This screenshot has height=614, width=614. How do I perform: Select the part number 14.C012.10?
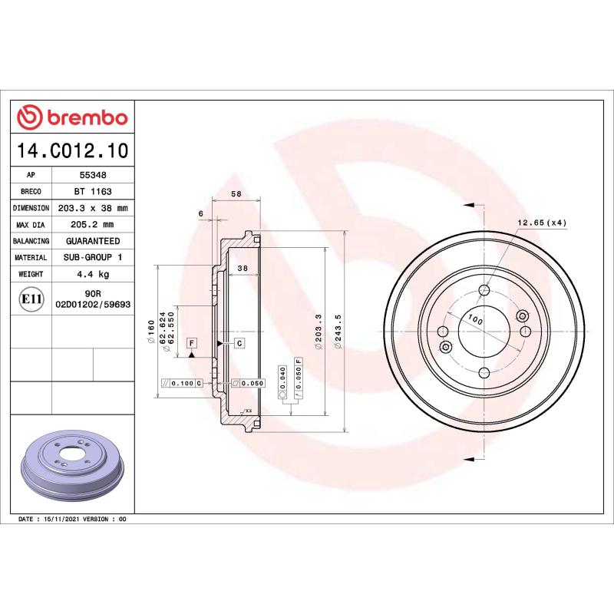tap(71, 150)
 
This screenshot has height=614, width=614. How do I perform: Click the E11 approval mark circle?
tap(31, 299)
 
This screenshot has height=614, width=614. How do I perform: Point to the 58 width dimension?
tap(236, 194)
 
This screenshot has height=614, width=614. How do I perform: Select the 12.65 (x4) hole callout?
tap(541, 222)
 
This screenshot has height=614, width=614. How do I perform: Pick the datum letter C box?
tap(239, 342)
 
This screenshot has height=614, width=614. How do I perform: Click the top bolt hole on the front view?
tap(484, 290)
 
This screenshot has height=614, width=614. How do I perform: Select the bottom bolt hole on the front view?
tap(484, 373)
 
